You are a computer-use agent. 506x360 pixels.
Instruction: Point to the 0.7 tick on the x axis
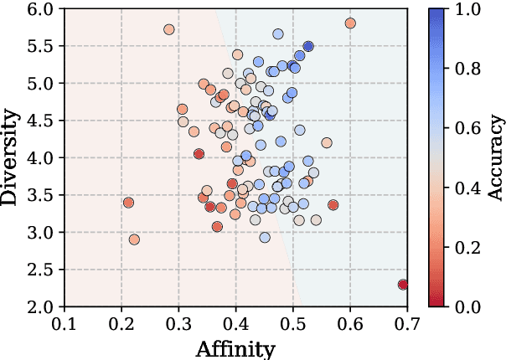click(407, 321)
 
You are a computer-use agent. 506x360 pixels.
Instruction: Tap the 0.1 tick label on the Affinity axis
click(65, 321)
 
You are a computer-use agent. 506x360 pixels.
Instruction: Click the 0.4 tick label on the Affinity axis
click(235, 321)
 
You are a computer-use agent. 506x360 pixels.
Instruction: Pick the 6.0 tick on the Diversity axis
click(39, 9)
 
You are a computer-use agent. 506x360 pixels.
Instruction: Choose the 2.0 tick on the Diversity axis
click(39, 306)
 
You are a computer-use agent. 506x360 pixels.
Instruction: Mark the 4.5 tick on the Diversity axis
click(39, 121)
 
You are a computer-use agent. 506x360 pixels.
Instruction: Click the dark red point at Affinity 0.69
click(403, 285)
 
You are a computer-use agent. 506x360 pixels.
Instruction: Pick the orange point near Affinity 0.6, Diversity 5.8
click(350, 23)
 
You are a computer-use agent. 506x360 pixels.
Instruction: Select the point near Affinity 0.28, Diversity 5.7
click(169, 29)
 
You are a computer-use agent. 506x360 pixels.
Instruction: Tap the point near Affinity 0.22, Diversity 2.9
click(134, 239)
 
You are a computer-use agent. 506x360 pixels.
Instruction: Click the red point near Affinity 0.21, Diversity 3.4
click(128, 203)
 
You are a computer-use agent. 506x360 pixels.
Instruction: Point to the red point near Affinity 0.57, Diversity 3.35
click(333, 205)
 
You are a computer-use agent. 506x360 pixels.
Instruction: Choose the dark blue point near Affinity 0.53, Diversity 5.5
click(308, 47)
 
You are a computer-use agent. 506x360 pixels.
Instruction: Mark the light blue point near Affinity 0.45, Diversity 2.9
click(265, 238)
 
